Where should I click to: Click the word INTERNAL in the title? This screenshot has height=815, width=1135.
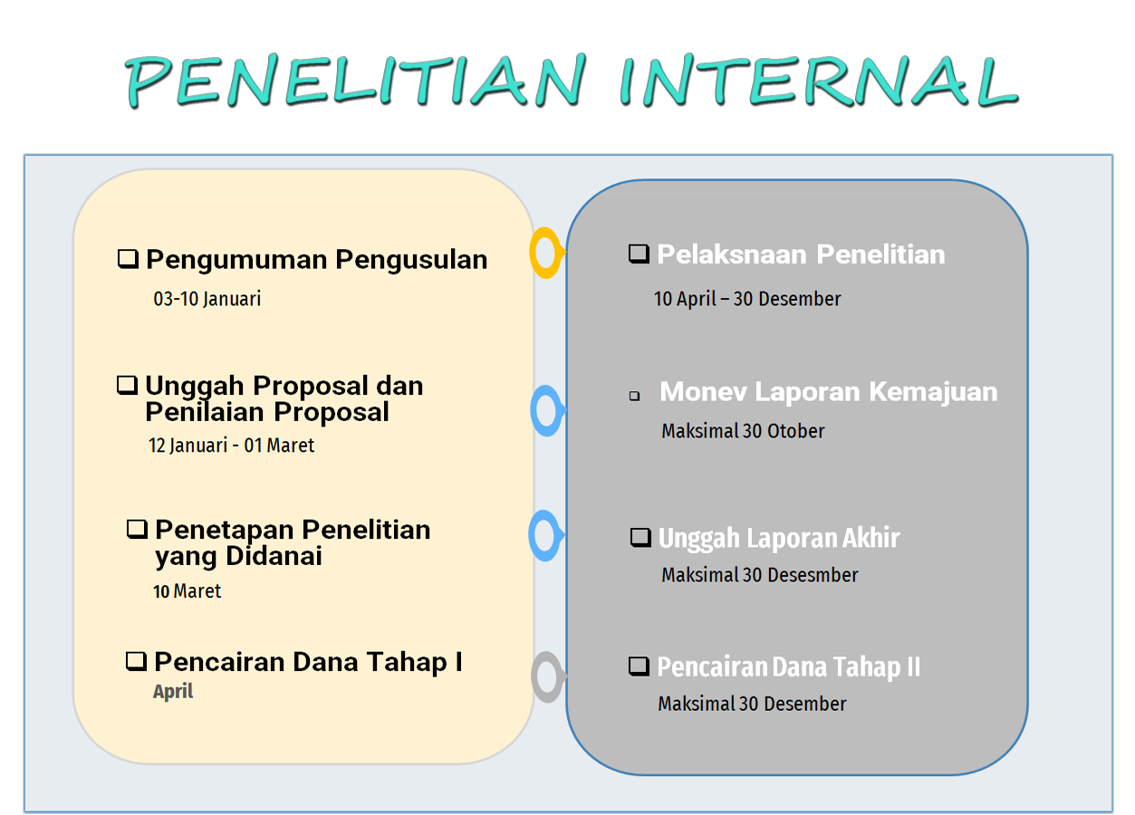coord(818,81)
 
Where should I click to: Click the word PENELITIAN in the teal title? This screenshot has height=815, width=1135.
coord(356,81)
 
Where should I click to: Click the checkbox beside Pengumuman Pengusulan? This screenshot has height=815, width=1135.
coord(128,259)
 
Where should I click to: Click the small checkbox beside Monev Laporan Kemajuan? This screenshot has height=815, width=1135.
coord(634,396)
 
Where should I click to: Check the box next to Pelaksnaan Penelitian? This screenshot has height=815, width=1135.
coord(639,254)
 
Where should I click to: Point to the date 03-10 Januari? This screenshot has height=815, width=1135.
coord(207,299)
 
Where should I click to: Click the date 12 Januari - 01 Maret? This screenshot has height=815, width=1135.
coord(231,446)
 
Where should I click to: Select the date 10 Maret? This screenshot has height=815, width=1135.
coord(187,591)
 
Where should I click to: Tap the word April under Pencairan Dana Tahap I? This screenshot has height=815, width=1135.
coord(173,692)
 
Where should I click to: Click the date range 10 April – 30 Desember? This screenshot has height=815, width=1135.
coord(747,299)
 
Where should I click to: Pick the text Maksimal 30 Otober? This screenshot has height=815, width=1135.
coord(743,431)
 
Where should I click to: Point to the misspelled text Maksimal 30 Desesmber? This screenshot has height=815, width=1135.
coord(760,575)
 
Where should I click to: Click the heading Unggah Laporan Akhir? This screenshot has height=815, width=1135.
coord(779,538)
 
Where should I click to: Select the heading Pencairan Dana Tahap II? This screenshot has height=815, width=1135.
coord(788,666)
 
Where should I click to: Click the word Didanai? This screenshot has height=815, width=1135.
coord(274,556)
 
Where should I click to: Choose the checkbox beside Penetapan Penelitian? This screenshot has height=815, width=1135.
coord(137,530)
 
